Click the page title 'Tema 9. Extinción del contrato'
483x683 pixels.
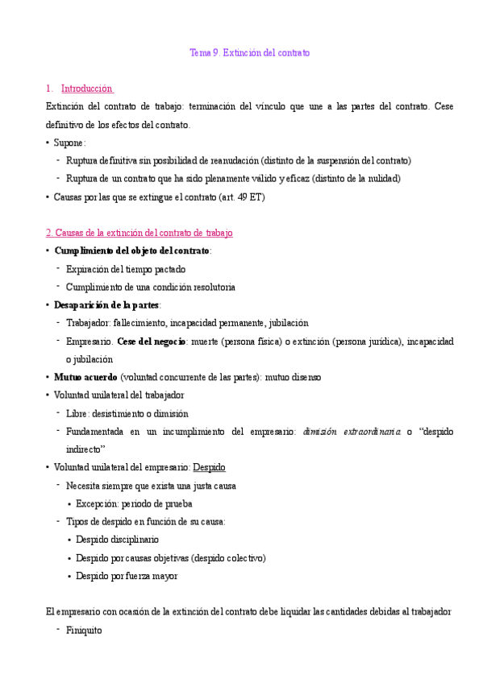coord(249,52)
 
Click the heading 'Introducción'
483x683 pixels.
coord(86,89)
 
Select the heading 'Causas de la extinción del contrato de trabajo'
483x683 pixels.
coord(139,233)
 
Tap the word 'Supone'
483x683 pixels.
coord(68,143)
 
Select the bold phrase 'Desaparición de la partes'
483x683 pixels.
coord(106,304)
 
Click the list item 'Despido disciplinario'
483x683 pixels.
coord(118,539)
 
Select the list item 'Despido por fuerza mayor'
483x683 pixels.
coord(127,576)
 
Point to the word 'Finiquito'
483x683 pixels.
coord(84,630)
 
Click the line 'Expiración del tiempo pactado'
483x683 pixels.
coord(126,269)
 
